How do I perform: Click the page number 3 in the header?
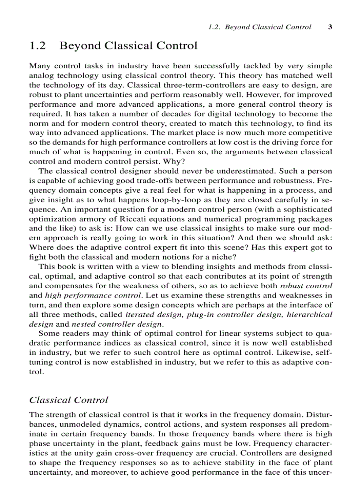click(x=330, y=27)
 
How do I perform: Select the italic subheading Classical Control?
click(x=68, y=400)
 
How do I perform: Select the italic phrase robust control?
click(x=306, y=286)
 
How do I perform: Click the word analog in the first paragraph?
click(x=40, y=75)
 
